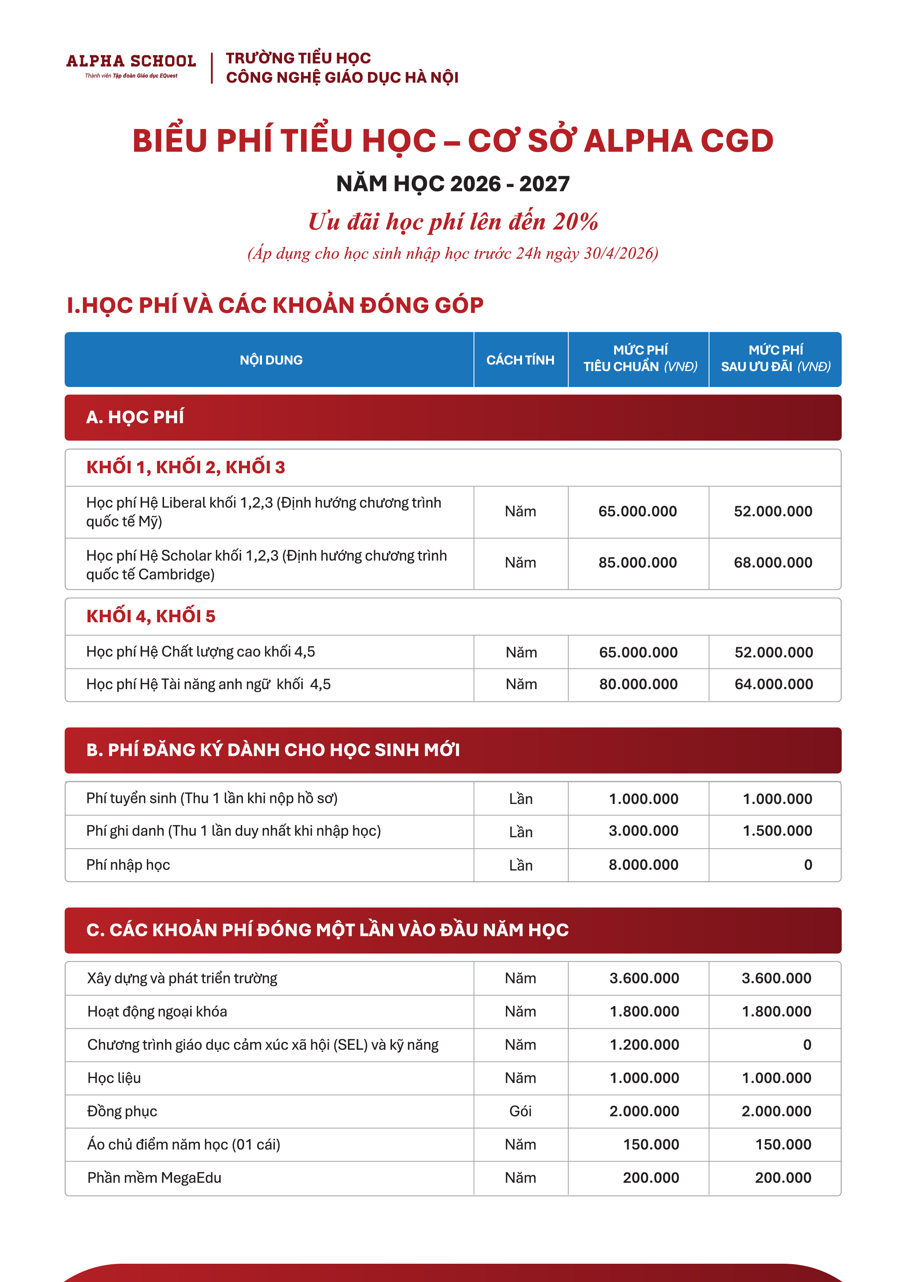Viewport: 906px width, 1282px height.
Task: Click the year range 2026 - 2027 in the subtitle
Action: pyautogui.click(x=510, y=184)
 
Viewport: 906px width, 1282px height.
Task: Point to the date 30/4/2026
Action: pyautogui.click(x=618, y=254)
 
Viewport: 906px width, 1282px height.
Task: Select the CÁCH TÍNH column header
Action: pyautogui.click(x=520, y=360)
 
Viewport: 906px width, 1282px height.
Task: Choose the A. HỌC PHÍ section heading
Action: pyautogui.click(x=135, y=417)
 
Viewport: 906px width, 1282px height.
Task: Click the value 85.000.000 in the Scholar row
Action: pyautogui.click(x=637, y=562)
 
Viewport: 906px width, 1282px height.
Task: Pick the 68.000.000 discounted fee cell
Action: pyautogui.click(x=773, y=562)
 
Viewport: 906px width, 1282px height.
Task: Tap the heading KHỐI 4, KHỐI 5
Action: pyautogui.click(x=151, y=616)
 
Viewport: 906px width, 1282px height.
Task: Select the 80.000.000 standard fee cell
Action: pyautogui.click(x=638, y=684)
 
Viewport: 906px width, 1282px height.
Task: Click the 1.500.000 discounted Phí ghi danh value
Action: pyautogui.click(x=777, y=831)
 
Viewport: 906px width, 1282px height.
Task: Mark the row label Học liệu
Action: pyautogui.click(x=114, y=1078)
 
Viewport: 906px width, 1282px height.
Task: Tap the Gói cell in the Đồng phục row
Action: pyautogui.click(x=520, y=1111)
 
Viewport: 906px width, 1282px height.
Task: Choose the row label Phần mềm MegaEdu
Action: pyautogui.click(x=154, y=1177)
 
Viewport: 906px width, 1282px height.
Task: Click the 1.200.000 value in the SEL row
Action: pyautogui.click(x=644, y=1045)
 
